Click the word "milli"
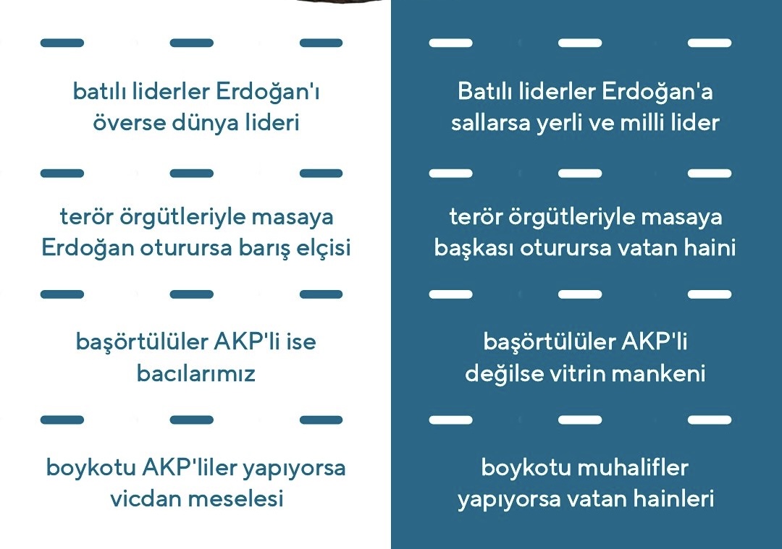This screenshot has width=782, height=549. (x=642, y=122)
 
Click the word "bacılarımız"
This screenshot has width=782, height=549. (x=196, y=373)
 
